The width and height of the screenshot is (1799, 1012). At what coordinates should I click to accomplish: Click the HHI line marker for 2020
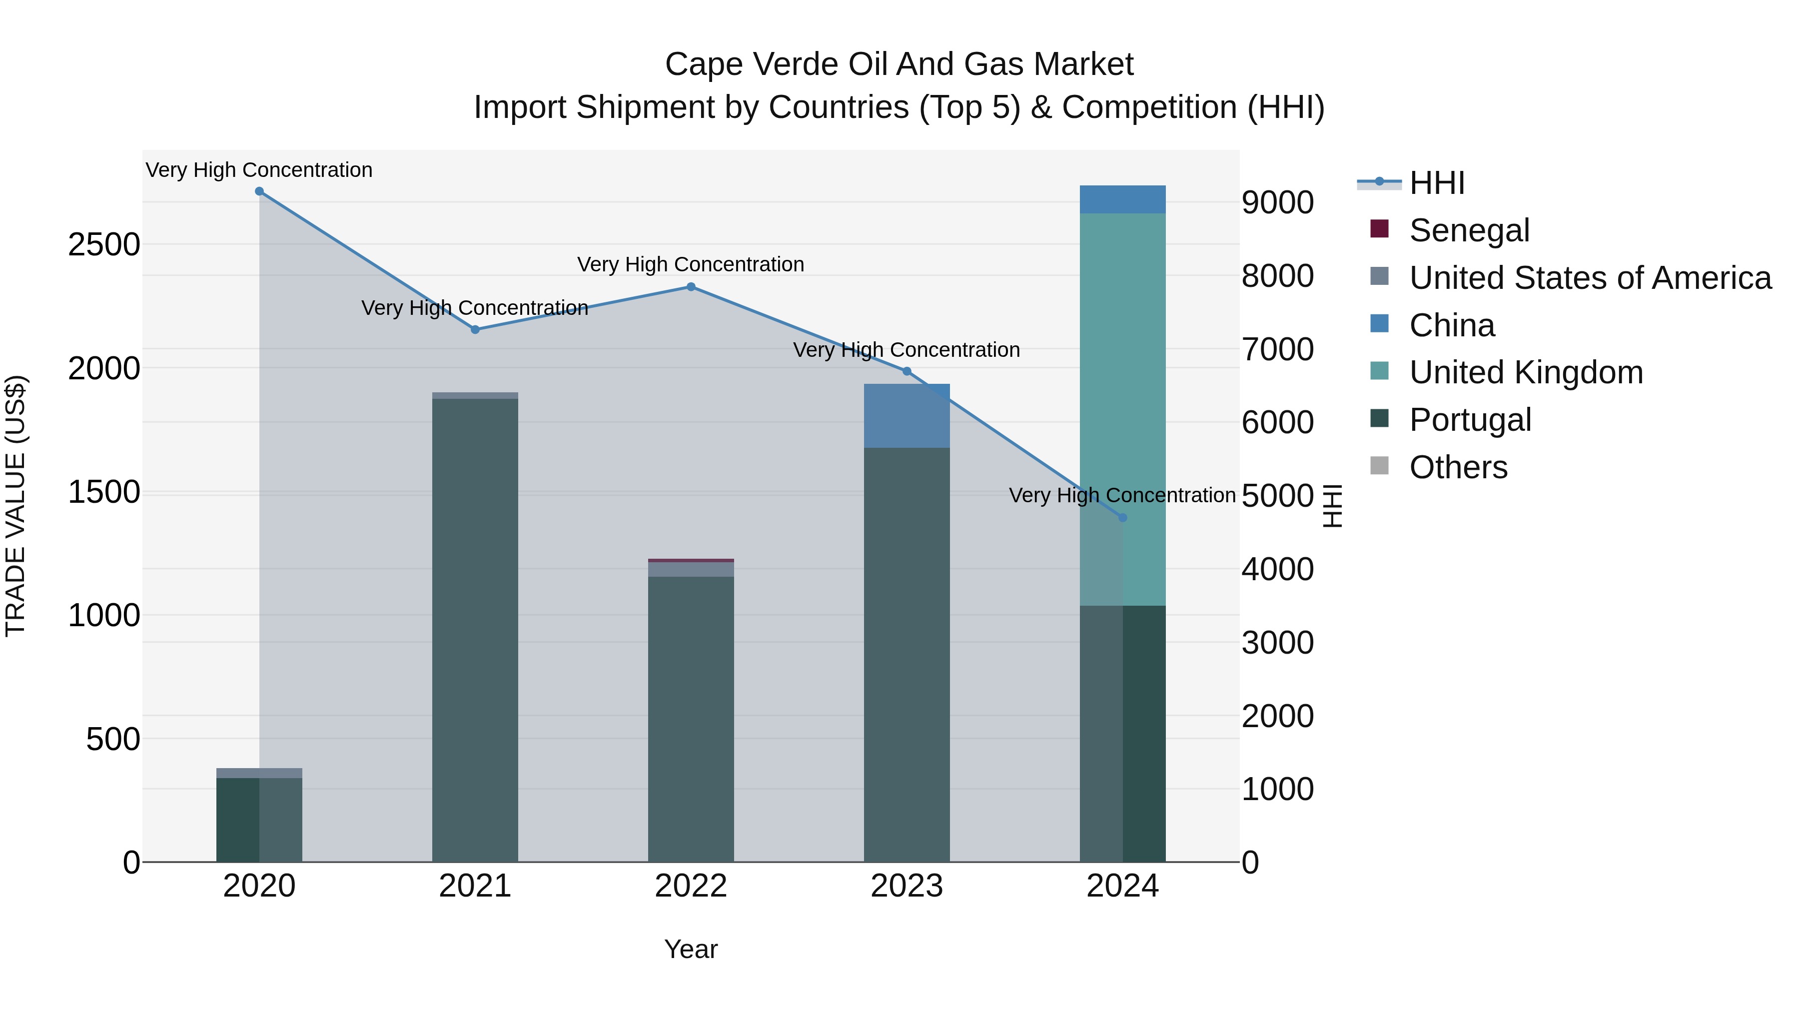pos(259,191)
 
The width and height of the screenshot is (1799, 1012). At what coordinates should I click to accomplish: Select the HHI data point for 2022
pos(691,287)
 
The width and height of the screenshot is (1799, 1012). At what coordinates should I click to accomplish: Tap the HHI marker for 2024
pos(1122,518)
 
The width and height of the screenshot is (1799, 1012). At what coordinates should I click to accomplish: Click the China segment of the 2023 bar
pos(906,416)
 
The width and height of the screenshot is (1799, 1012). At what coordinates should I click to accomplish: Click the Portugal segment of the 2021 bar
pos(475,629)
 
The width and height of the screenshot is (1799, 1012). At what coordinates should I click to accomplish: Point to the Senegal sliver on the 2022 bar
pos(691,560)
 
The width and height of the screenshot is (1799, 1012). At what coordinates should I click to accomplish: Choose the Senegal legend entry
pos(1469,230)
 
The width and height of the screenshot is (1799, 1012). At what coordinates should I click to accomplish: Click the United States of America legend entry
pos(1590,278)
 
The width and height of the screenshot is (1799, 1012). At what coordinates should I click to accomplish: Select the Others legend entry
pos(1458,467)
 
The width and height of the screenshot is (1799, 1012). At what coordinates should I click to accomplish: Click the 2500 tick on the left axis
pos(104,245)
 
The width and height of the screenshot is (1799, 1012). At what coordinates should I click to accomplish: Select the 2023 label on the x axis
pos(906,886)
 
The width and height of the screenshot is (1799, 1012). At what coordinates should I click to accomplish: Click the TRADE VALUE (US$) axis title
pos(15,506)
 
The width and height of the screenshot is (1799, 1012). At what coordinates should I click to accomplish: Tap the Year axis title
pos(691,949)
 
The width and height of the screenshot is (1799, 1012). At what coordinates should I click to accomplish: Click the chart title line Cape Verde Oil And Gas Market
pos(899,64)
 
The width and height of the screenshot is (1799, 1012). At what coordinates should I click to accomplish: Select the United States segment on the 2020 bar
pos(259,773)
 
